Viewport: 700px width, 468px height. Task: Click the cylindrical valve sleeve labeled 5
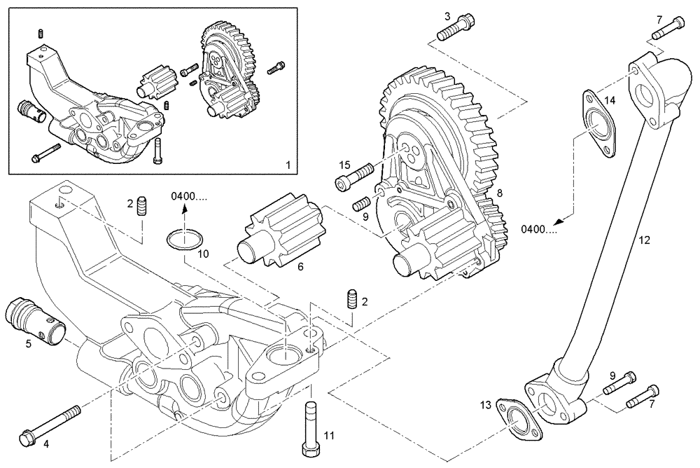tap(35, 319)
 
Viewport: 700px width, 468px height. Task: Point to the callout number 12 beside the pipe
tap(644, 240)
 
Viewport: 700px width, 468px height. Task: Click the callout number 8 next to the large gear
tap(499, 192)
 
